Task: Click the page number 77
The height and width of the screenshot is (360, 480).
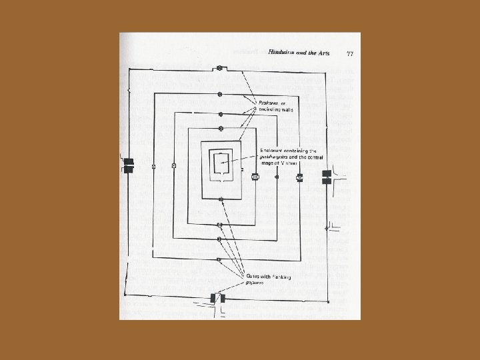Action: (349, 52)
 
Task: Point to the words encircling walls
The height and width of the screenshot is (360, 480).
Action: (277, 110)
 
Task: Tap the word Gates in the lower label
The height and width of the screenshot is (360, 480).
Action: (254, 275)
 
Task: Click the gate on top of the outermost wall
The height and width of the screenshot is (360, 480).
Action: (219, 68)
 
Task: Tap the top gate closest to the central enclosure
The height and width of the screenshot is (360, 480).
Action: (220, 127)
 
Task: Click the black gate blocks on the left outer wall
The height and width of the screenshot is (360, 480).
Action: (128, 165)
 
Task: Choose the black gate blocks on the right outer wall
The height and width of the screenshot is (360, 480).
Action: (326, 177)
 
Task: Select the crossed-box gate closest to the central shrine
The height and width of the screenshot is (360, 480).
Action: (255, 177)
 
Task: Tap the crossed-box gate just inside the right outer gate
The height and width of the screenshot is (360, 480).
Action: (299, 177)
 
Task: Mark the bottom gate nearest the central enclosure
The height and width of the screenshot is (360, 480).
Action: (219, 199)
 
